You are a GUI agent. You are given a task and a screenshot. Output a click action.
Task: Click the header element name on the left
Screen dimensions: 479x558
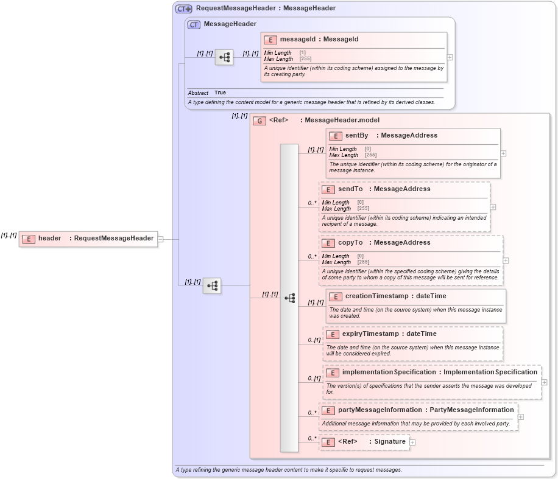tap(49, 238)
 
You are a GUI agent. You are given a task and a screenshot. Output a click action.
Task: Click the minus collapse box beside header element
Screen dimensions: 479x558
tap(161, 239)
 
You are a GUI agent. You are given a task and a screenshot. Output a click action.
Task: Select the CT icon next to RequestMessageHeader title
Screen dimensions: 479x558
tap(183, 9)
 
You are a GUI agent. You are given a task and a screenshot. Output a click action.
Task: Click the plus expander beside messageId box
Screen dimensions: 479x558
tap(450, 57)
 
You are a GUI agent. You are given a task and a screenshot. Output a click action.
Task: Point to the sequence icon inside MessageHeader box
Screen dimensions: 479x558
tap(224, 57)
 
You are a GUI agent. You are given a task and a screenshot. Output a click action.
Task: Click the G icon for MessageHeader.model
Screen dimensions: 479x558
tap(260, 121)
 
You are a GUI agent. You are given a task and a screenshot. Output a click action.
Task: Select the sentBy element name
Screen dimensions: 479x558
tap(356, 135)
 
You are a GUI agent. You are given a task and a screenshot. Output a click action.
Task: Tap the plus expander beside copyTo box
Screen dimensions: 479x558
tap(506, 260)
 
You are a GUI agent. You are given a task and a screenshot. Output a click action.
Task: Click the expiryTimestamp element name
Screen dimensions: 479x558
tap(370, 334)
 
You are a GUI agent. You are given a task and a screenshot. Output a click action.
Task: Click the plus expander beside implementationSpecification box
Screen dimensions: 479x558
tap(544, 382)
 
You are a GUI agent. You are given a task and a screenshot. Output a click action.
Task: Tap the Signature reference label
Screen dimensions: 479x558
tap(390, 441)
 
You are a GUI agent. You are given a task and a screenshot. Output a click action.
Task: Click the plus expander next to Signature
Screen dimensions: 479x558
tap(412, 442)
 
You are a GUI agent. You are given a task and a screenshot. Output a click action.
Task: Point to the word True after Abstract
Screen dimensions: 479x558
tap(220, 93)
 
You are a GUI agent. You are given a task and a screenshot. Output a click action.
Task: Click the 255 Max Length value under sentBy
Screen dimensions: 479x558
tap(370, 155)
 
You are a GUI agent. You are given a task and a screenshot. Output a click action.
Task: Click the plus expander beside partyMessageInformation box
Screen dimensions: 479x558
tap(521, 417)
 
